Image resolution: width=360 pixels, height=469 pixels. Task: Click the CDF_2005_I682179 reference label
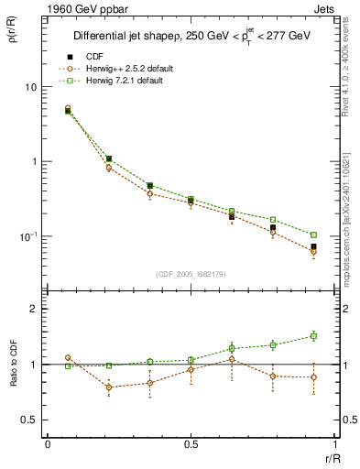tap(191, 273)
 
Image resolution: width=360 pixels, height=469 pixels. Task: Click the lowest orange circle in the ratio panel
tap(110, 387)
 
